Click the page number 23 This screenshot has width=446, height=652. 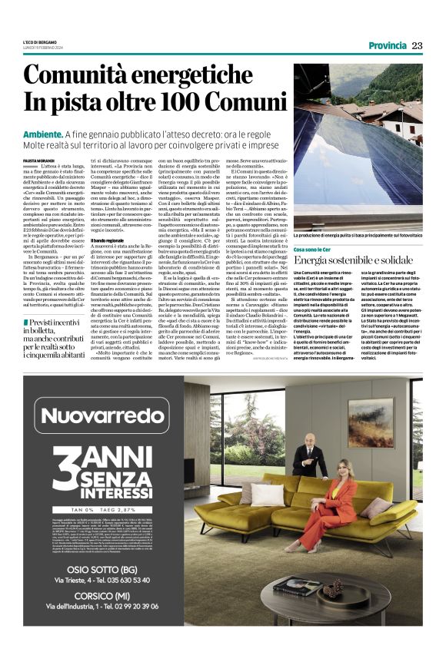[x=418, y=45]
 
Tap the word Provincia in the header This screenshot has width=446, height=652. [x=387, y=45]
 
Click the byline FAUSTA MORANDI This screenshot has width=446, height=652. [x=39, y=159]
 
